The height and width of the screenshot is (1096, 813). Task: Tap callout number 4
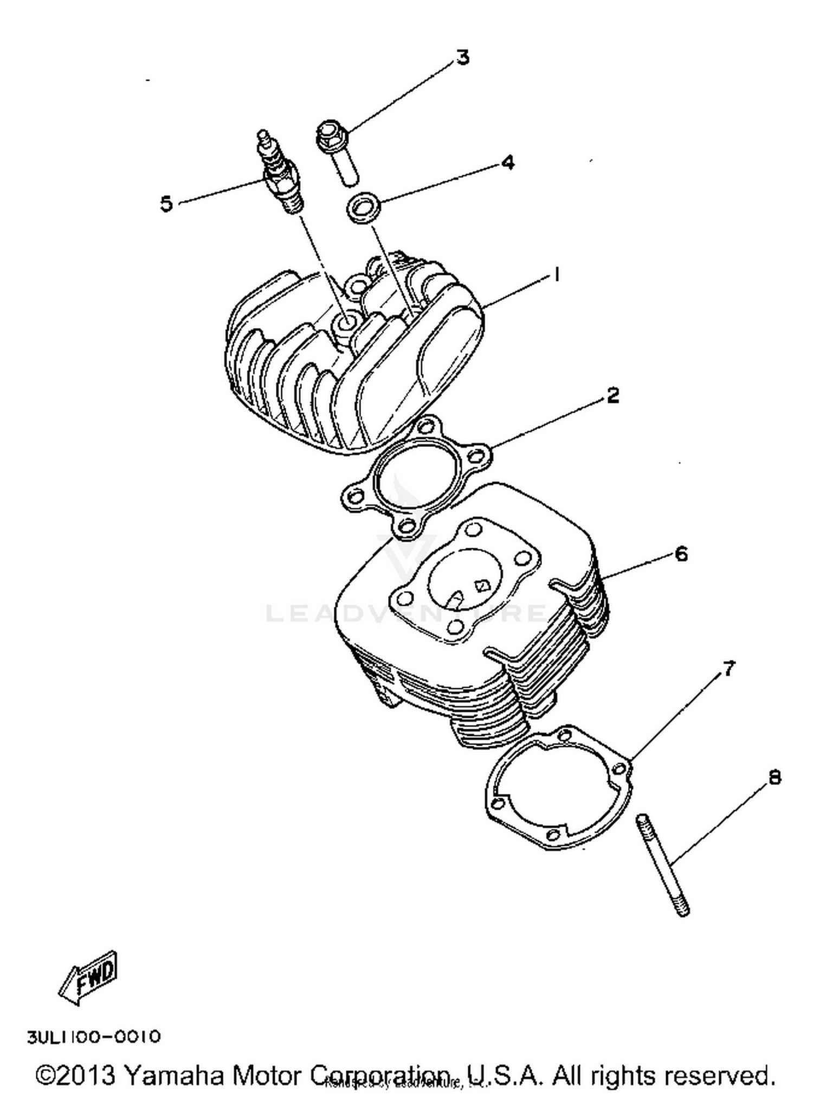(x=507, y=162)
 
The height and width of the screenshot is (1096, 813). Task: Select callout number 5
(x=166, y=204)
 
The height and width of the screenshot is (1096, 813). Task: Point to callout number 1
(x=556, y=275)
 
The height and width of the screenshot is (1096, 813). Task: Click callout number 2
(x=612, y=395)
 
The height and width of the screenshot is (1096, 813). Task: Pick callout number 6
(x=681, y=554)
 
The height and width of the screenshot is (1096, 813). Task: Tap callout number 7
(x=729, y=669)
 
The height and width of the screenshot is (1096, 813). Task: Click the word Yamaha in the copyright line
(x=174, y=1075)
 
